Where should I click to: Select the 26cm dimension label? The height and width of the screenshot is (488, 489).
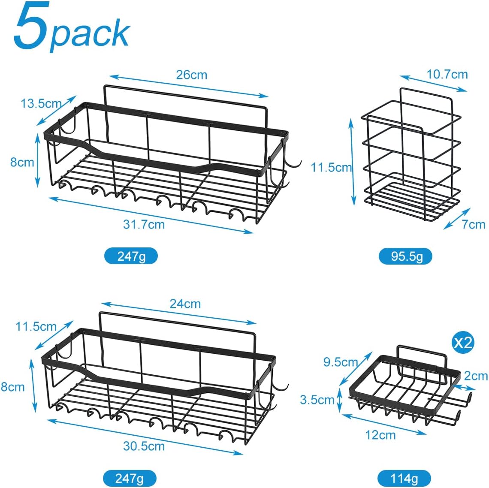pos(191,75)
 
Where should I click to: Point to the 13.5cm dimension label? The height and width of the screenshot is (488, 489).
pos(41,103)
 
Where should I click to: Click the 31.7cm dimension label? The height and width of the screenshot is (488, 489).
pos(144,225)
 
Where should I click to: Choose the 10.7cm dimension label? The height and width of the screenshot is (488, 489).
pos(447,74)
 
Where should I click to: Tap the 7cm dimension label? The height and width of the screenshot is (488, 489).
pos(474,225)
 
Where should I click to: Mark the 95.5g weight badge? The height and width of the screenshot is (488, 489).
pos(405,256)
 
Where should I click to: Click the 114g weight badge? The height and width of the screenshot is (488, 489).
pos(404,478)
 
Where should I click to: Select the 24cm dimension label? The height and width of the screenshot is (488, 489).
pos(185,304)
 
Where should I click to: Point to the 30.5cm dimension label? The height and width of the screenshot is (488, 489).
pos(144,446)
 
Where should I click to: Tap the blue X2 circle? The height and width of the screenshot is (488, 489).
pos(463,342)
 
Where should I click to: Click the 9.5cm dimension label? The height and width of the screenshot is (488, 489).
pos(341,362)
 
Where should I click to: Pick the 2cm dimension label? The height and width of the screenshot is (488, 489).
pos(476,376)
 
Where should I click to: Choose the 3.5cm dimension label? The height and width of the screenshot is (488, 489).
pos(317,400)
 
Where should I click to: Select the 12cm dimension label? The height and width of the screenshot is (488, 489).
pos(380,435)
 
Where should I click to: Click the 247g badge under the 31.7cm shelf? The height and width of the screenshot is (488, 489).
pos(131,256)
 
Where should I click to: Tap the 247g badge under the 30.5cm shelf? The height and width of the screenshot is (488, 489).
pos(130,478)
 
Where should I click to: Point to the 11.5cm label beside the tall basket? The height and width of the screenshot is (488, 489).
pos(331,167)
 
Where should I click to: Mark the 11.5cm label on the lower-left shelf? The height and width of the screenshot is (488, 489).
pos(36,326)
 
